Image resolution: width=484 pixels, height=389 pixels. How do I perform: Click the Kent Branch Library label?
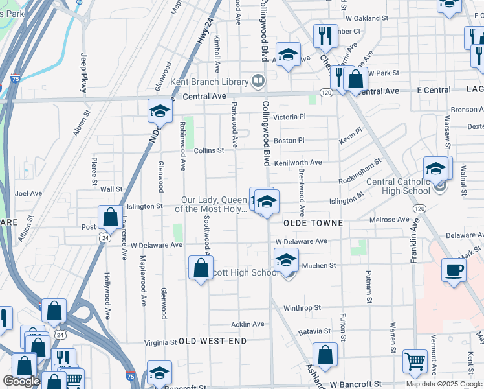pos(209,82)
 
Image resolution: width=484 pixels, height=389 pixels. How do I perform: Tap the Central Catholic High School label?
pos(398,186)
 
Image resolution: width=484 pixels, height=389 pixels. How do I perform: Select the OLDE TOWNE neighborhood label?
pos(312,222)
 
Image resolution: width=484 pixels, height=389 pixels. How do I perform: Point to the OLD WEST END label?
pos(213,341)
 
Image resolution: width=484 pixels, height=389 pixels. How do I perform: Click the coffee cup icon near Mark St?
pos(454,270)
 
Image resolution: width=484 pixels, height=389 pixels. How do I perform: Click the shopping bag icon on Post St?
pos(110,217)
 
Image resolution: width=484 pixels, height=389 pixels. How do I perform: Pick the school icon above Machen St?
pos(286,260)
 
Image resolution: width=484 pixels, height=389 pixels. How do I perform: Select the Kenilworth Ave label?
pos(298,163)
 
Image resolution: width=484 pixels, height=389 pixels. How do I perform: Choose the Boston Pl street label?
pos(289,140)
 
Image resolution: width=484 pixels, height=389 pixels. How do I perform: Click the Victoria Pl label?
pos(289,117)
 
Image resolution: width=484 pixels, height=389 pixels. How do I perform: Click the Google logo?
pos(21,381)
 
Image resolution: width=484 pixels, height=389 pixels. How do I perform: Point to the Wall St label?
pos(111,189)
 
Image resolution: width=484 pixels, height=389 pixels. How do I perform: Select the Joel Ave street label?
pos(28,193)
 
